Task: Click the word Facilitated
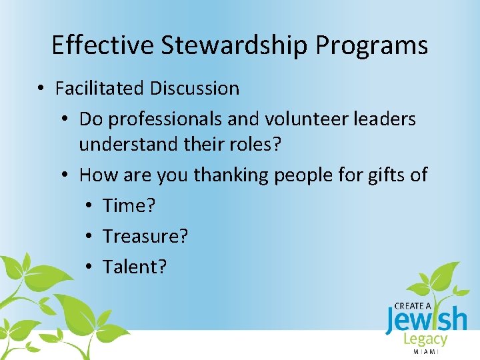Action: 100,88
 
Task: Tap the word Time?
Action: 129,205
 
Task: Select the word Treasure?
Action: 145,236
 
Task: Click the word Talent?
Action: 135,267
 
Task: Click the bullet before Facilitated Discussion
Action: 42,89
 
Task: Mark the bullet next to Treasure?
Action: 89,237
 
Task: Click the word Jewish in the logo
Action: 426,320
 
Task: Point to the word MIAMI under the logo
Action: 426,351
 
